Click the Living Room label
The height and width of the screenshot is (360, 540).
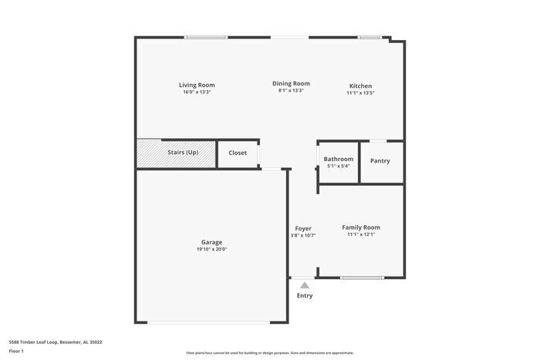pos(197,85)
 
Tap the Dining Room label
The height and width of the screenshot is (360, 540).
pos(291,83)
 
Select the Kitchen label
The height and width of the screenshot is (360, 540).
pos(360,86)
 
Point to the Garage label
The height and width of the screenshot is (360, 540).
pos(211,242)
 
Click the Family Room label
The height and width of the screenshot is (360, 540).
pos(361,227)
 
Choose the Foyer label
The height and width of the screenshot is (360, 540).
pos(303,228)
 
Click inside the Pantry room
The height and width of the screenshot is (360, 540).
pos(380,161)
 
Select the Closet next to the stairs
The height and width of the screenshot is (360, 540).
pos(238,153)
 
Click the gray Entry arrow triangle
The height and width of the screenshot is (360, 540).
pos(305,285)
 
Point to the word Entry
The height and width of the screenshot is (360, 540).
pos(305,295)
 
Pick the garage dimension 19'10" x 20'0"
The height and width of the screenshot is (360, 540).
pos(211,249)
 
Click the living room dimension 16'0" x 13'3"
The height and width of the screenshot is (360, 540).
pos(197,92)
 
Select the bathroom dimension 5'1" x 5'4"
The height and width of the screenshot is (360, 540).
pos(338,166)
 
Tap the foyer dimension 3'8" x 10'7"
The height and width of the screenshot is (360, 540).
pos(303,235)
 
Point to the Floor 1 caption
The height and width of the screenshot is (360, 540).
pos(16,351)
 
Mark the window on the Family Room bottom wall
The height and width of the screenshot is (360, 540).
pos(362,278)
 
